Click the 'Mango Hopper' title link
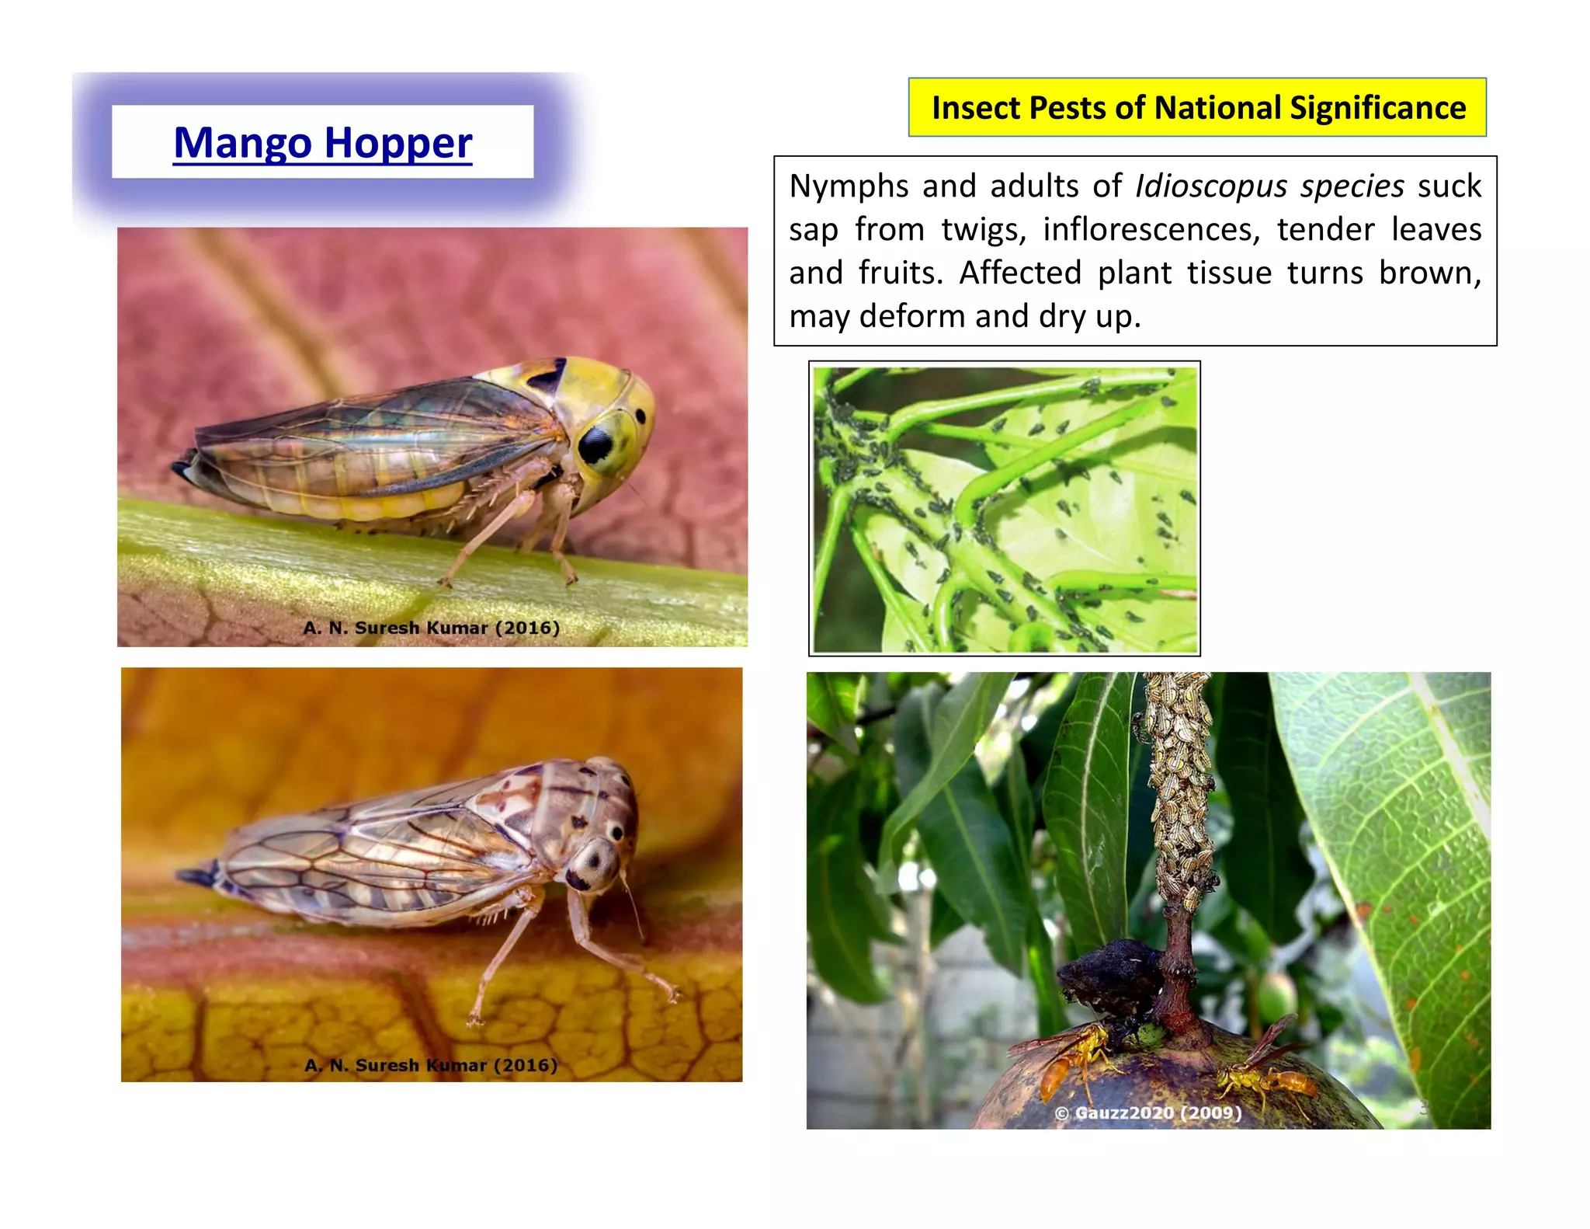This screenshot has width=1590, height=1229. coord(322,143)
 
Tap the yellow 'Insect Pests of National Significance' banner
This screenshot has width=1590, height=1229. coord(1197,108)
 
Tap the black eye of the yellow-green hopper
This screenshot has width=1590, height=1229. coord(596,444)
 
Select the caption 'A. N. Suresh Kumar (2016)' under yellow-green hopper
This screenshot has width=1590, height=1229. coord(431,628)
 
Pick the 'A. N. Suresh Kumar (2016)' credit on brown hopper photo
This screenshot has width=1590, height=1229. coord(431,1064)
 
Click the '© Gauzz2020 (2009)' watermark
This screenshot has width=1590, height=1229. coord(1147,1112)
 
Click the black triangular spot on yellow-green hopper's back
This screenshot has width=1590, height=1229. coord(548,375)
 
